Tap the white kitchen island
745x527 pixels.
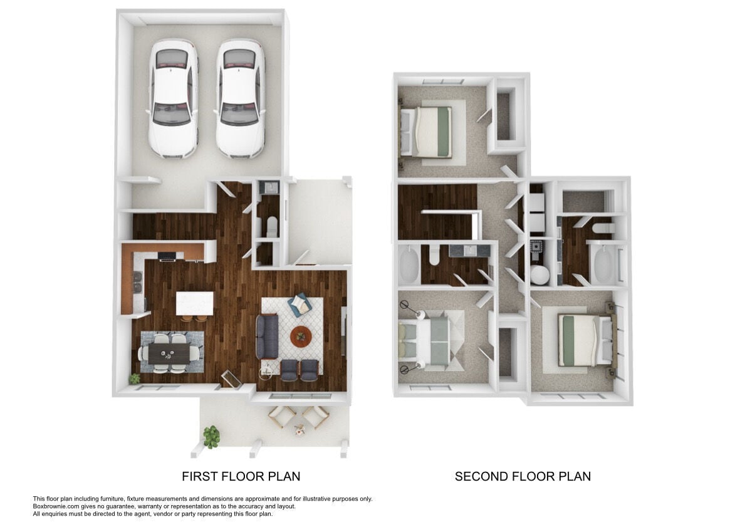point(194,303)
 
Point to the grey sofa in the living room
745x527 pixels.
point(267,337)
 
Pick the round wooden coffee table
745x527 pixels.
point(301,337)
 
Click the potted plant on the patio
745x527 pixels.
point(212,436)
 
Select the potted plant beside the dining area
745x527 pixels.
point(135,378)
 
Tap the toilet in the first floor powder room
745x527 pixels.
point(271,226)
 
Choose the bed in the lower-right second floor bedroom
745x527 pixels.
point(585,339)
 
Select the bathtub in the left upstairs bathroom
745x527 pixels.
point(409,266)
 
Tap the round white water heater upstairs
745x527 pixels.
point(539,274)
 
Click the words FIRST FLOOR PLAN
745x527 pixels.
point(241,476)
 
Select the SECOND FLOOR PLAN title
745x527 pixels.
point(523,476)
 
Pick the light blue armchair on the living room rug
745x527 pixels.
point(300,305)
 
